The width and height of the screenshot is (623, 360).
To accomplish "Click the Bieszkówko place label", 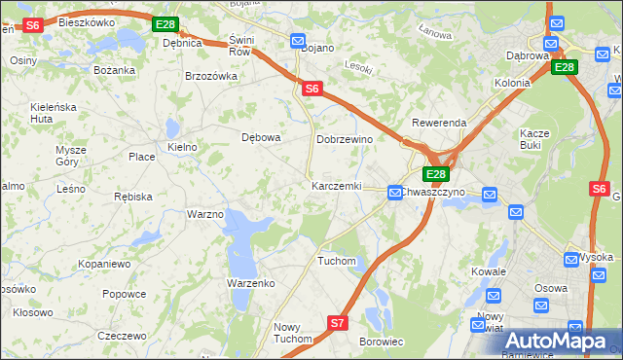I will pyautogui.click(x=87, y=21).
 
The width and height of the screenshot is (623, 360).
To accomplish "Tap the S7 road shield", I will pyautogui.click(x=338, y=322).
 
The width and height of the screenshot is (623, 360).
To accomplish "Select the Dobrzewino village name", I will pyautogui.click(x=345, y=139).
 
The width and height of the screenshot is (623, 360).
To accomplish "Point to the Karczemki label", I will pyautogui.click(x=336, y=185).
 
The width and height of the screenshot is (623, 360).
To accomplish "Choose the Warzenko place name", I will pyautogui.click(x=251, y=282).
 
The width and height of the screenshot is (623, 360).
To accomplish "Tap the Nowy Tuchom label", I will pyautogui.click(x=292, y=333).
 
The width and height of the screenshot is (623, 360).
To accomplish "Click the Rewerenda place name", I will pyautogui.click(x=439, y=124).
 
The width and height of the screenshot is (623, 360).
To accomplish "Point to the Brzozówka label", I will pyautogui.click(x=211, y=76).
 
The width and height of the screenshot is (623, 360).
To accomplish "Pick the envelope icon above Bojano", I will pyautogui.click(x=298, y=40).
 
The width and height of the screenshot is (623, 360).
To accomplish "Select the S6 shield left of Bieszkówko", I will pyautogui.click(x=32, y=25).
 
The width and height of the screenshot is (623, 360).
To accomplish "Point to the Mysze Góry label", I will pyautogui.click(x=71, y=156).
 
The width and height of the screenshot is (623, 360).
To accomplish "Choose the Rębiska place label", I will pyautogui.click(x=132, y=196).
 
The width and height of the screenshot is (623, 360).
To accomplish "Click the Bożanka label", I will pyautogui.click(x=113, y=70).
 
